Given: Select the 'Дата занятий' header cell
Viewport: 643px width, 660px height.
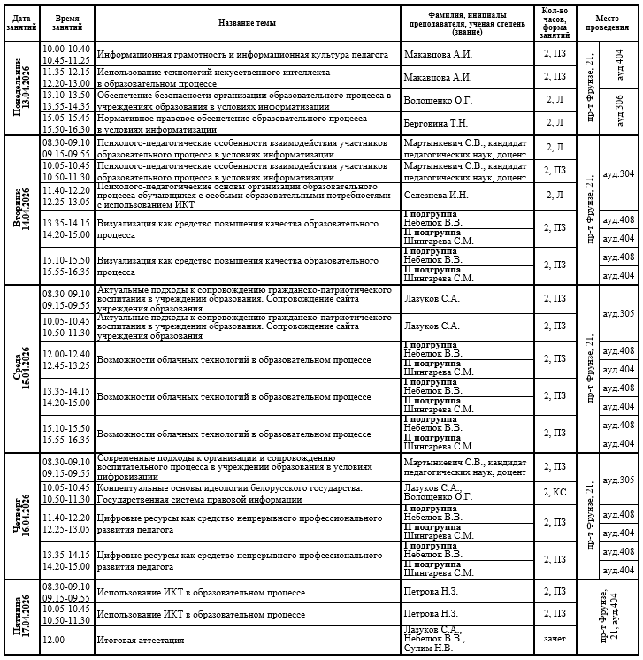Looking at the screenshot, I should coord(21,22).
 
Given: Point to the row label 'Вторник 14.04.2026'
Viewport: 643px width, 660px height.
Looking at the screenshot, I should coord(21,210).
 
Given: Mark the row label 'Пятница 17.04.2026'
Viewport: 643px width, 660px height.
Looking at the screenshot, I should coord(21,618).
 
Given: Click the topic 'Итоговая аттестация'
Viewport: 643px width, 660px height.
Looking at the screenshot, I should coord(141,639).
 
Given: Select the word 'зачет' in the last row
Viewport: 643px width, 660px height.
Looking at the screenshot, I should coord(554,639).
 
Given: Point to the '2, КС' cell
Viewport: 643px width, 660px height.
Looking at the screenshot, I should coord(554,491).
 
